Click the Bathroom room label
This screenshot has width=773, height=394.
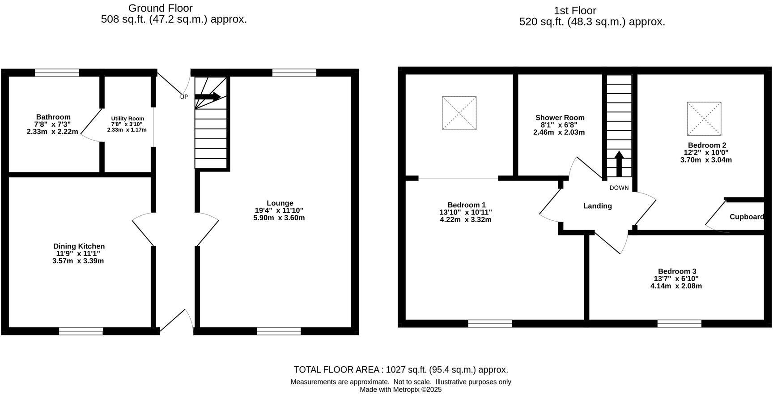coord(53,117)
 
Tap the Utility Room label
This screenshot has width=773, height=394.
coord(127,119)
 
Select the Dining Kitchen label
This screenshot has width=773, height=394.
coord(79,246)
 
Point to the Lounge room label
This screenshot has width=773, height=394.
coord(280,203)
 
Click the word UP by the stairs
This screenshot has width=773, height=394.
coord(184,97)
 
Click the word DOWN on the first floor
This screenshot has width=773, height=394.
coord(619,188)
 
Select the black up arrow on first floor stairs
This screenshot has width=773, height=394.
coord(619,164)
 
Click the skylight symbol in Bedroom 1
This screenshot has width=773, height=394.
coord(459,113)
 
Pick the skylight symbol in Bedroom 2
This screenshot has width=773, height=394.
coord(704,119)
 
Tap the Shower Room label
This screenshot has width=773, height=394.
coord(560,118)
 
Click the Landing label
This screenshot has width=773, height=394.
coord(597,206)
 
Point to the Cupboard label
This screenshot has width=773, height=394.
coord(746,217)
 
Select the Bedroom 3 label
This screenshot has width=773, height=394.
coord(677,271)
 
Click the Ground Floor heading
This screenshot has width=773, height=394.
coord(160,8)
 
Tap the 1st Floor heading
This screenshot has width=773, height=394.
coord(575,11)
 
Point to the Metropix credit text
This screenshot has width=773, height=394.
coord(401,390)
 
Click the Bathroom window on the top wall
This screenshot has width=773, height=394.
coord(57,73)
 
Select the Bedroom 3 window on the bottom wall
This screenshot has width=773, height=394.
coord(679,323)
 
